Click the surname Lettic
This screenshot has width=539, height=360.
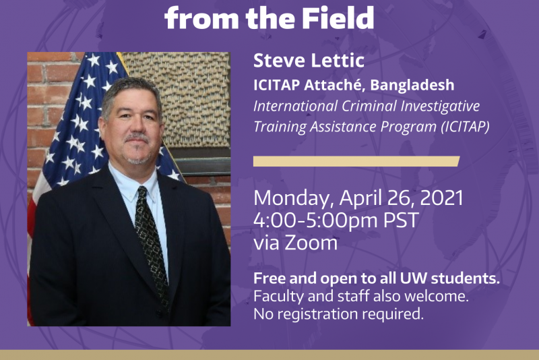coord(338,61)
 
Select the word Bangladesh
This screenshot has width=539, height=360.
coord(412,85)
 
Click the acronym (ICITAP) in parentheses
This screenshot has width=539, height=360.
coord(466,127)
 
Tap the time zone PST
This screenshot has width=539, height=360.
coord(401,220)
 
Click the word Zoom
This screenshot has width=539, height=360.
coord(311,243)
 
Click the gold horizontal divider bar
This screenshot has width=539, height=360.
coord(356,161)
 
